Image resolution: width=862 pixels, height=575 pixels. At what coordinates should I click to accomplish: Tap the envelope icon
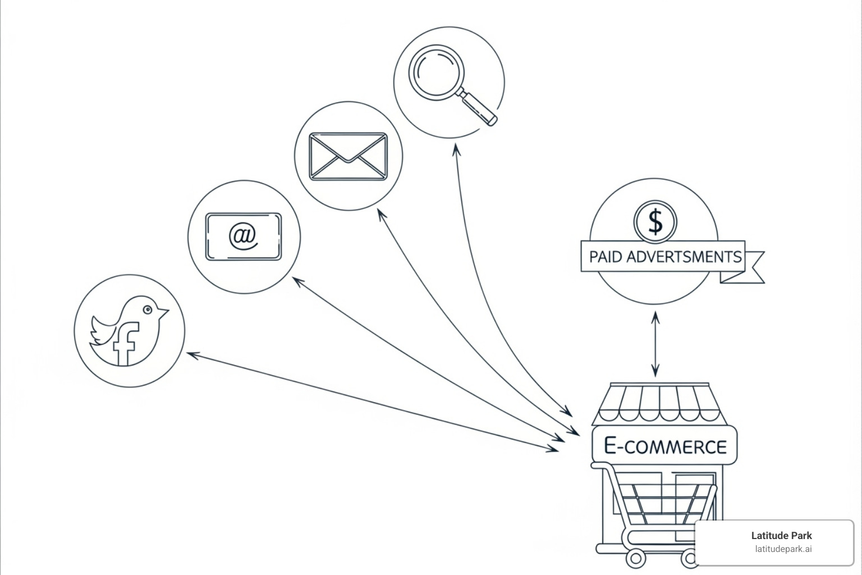tap(348, 156)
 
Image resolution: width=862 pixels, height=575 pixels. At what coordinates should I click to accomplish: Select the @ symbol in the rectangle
tap(244, 236)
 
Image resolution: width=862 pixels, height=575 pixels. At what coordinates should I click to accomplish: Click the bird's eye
tap(148, 309)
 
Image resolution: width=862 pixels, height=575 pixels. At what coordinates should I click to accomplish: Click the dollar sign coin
tap(655, 221)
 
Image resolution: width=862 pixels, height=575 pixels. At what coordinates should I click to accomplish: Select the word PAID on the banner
tap(605, 257)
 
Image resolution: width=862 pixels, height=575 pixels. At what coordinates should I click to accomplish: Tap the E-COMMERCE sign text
tap(665, 446)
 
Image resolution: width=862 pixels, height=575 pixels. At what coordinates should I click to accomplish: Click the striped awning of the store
tap(660, 403)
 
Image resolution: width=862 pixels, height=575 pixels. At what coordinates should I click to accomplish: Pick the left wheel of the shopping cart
tap(635, 558)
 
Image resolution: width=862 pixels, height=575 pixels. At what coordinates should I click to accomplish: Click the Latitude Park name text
tap(781, 536)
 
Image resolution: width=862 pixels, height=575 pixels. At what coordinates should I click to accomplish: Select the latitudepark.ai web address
tap(782, 549)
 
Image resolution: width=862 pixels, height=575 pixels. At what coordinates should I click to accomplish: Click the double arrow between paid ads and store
tap(655, 344)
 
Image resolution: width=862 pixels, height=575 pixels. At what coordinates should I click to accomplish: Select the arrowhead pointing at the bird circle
tap(191, 354)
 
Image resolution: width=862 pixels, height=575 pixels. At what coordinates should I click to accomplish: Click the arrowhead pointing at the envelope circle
tap(381, 215)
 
